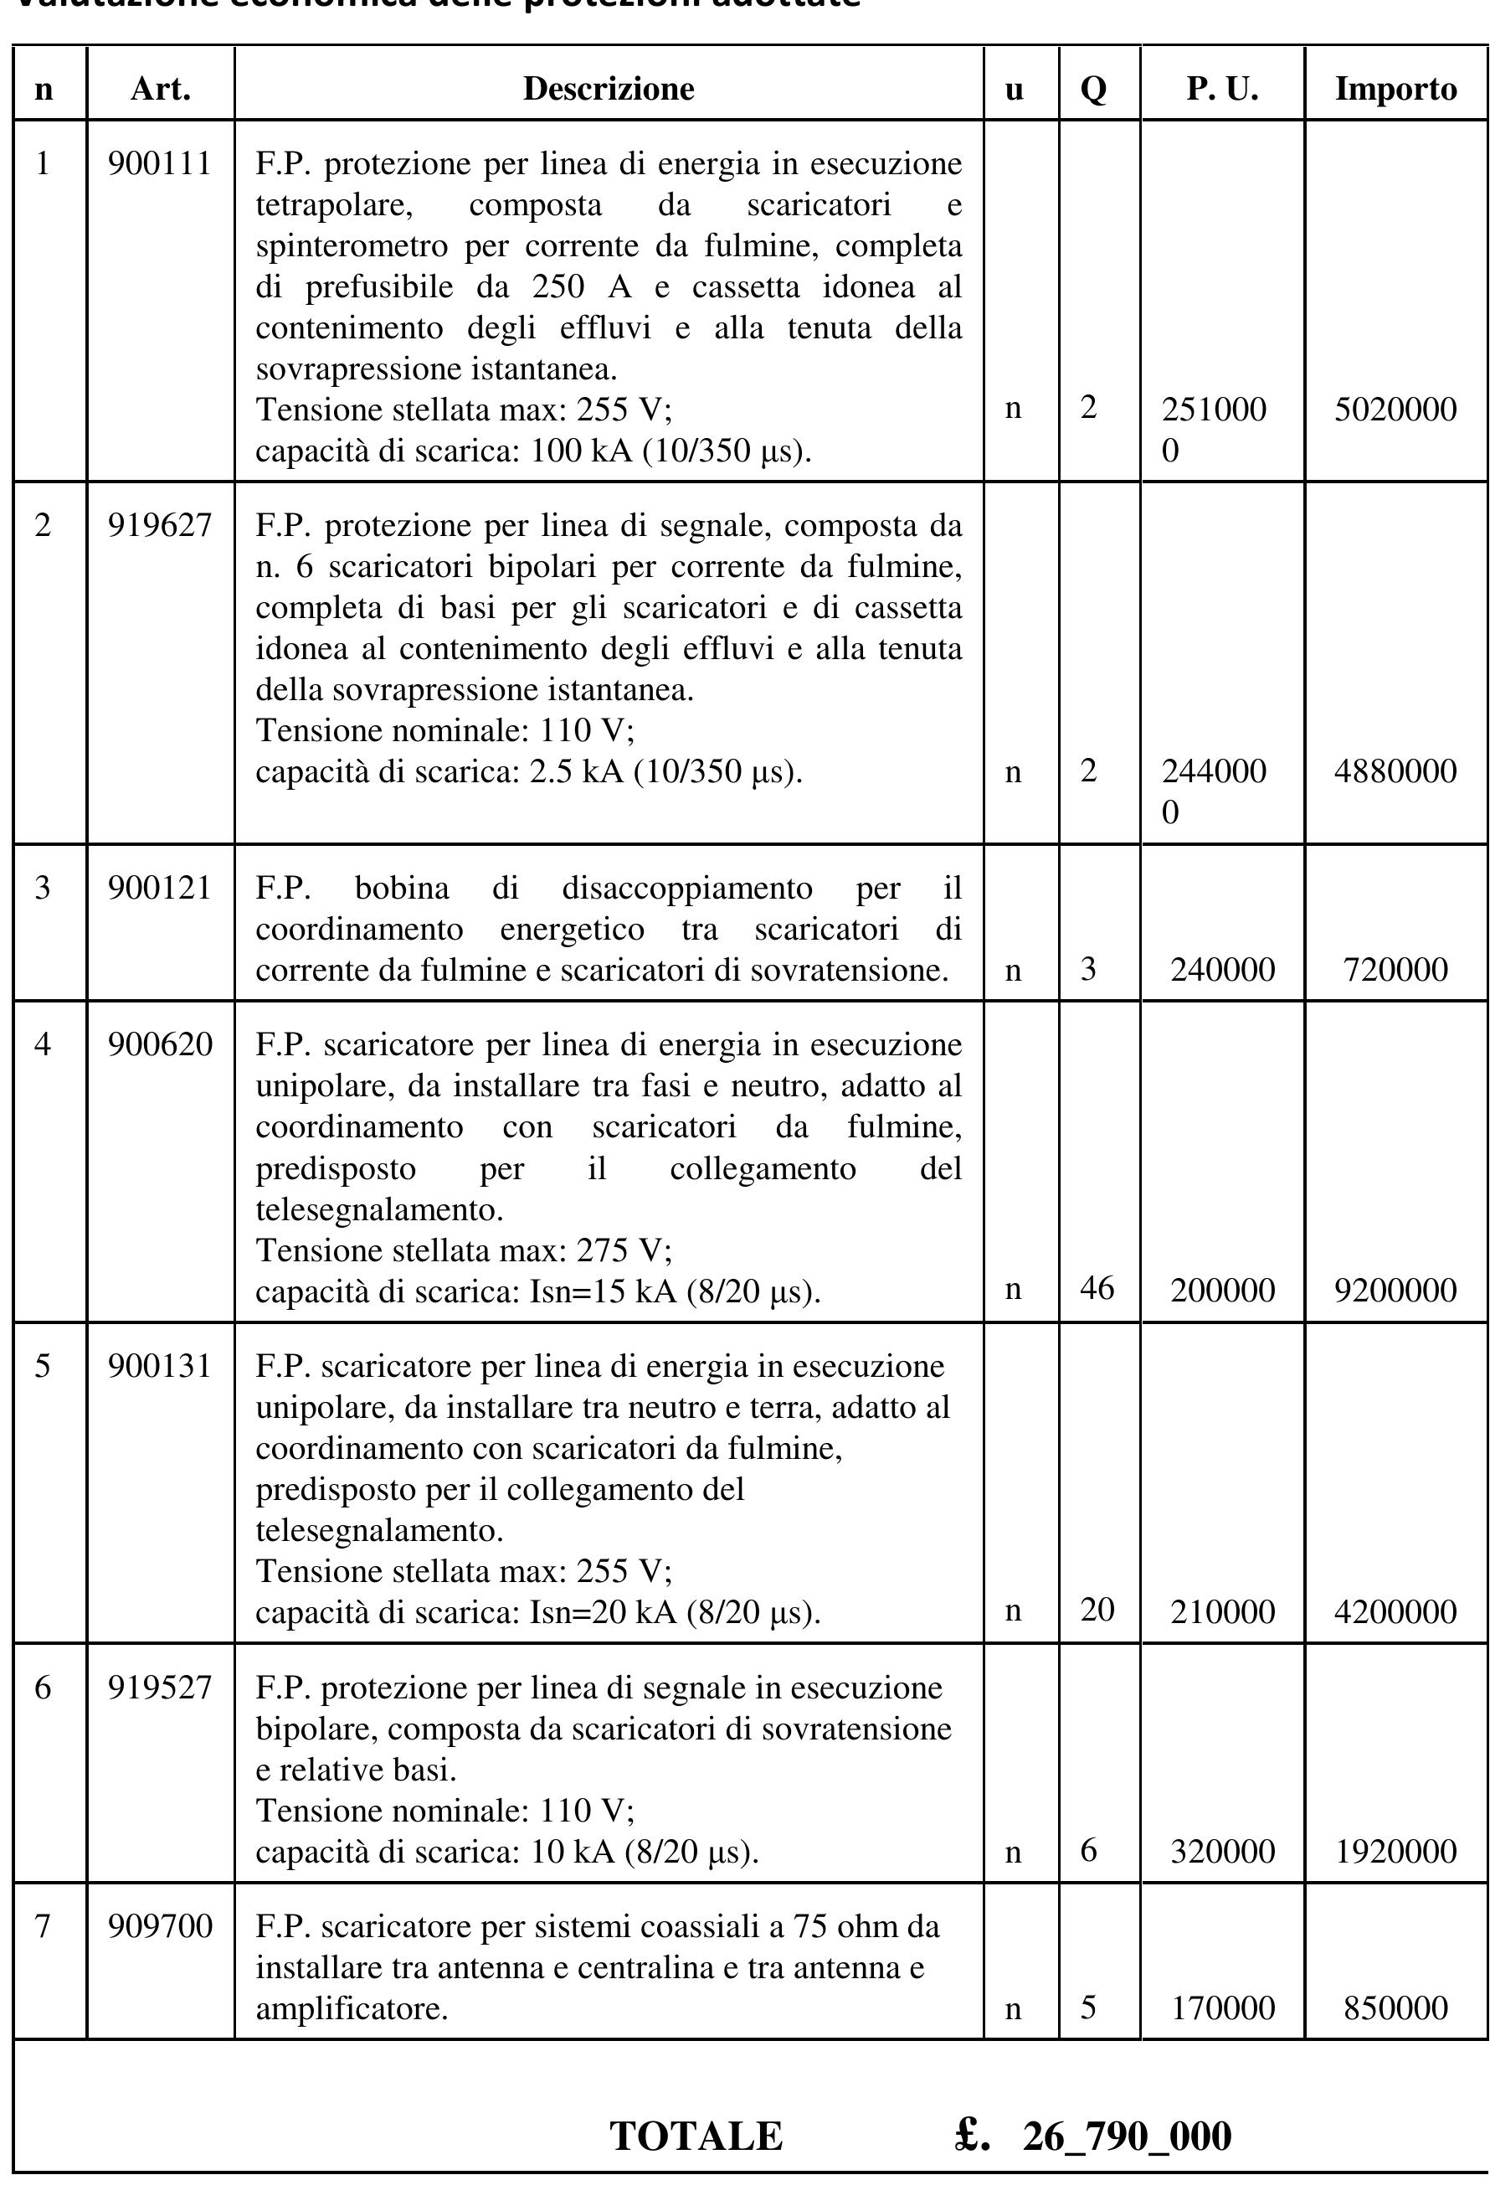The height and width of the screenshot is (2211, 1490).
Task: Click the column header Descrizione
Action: tap(609, 89)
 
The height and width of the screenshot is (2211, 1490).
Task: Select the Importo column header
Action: tap(1395, 89)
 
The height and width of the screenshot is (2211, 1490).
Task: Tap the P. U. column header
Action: tap(1222, 89)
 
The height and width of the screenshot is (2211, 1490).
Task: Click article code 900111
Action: tap(160, 164)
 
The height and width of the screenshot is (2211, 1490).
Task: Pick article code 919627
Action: tap(160, 525)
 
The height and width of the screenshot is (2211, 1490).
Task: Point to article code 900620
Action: tap(160, 1044)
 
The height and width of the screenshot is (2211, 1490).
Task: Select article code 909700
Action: tap(160, 1926)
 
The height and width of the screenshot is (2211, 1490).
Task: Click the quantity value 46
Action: tap(1097, 1288)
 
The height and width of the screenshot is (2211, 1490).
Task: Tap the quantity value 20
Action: tap(1097, 1610)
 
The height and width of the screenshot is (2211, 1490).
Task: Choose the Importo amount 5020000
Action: tap(1395, 410)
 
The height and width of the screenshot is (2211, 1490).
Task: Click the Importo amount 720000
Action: tap(1395, 970)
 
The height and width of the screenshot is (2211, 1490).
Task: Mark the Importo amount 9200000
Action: tap(1395, 1290)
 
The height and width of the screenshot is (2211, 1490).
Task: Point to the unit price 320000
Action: tap(1222, 1851)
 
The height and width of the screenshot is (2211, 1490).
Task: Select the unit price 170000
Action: tap(1222, 2007)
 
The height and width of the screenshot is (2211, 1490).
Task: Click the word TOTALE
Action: tap(696, 2136)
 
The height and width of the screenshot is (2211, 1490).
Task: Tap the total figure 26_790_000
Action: tap(1127, 2136)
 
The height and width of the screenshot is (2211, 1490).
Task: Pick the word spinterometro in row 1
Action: tap(352, 246)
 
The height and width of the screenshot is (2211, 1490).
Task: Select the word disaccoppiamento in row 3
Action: tap(687, 888)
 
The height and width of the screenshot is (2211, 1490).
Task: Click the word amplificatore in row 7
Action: tap(351, 2008)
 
